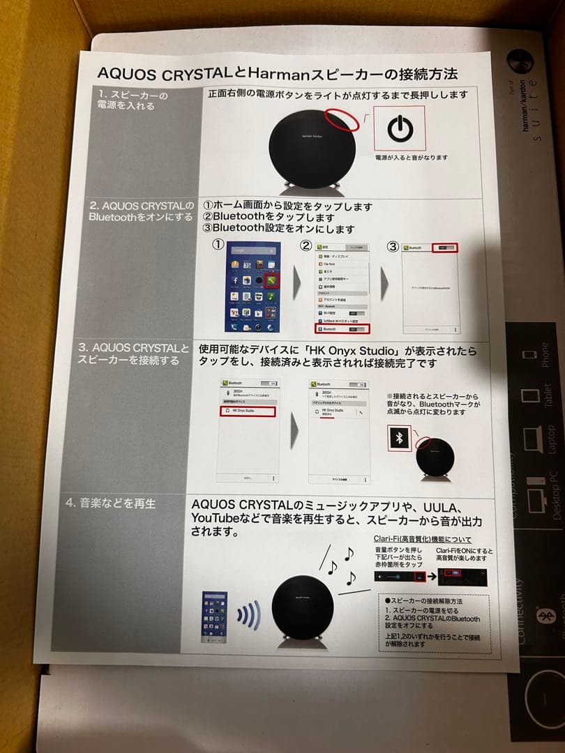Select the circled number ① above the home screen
[218, 245]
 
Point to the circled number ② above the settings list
[306, 245]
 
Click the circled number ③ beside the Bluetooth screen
[393, 246]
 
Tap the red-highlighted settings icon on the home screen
[272, 282]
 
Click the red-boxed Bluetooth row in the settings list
[342, 328]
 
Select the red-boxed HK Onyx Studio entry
[248, 411]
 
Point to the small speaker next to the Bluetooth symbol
[435, 456]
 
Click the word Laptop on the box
[551, 439]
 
